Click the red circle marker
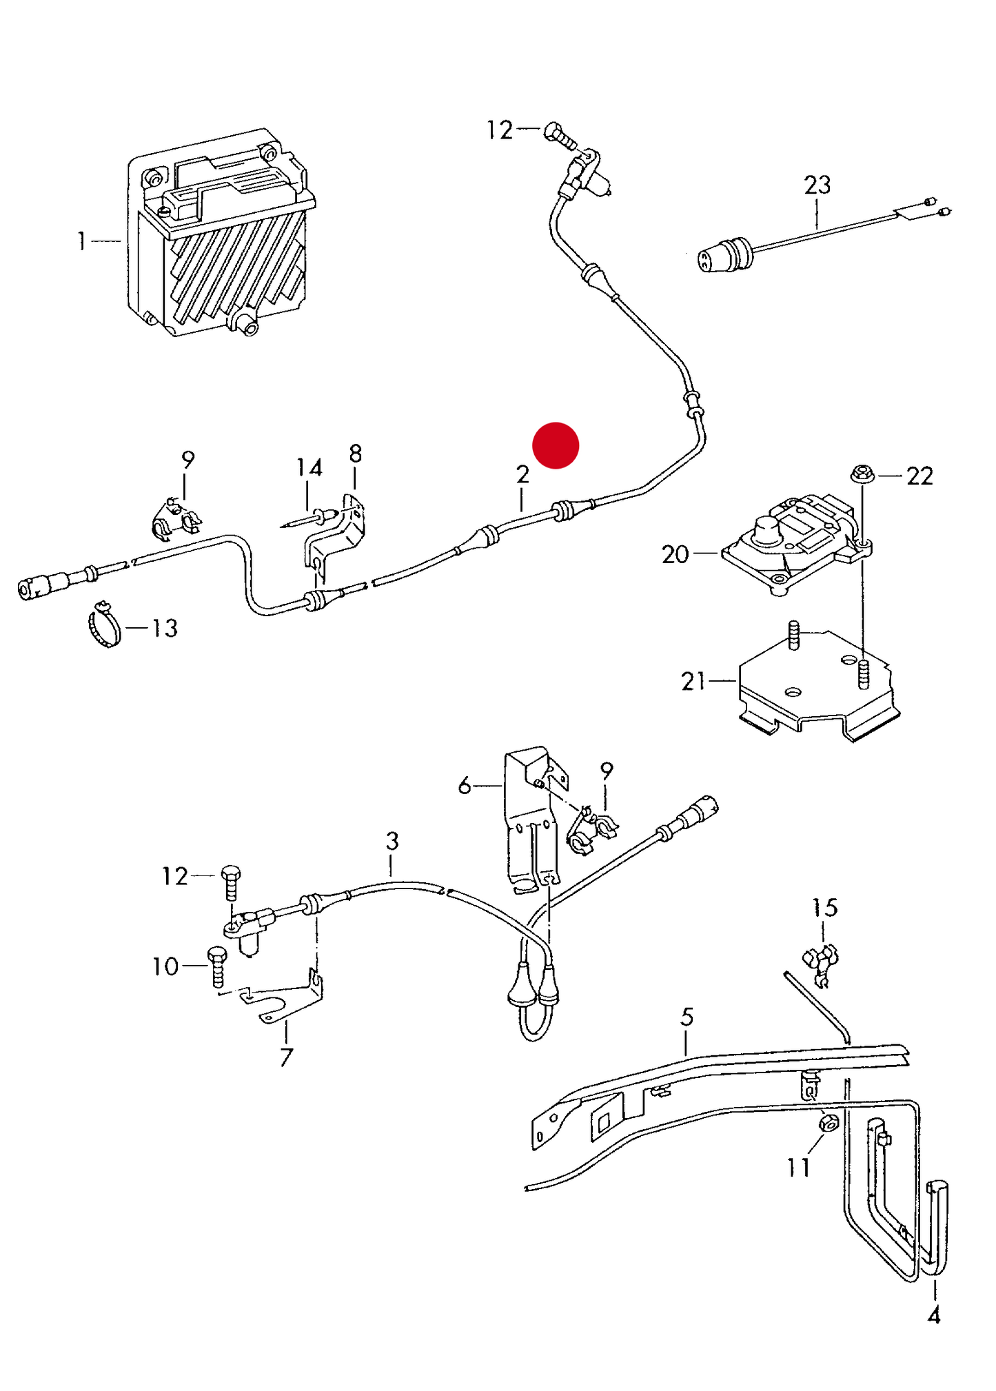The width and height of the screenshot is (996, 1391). (556, 445)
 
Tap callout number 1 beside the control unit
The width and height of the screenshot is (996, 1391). (82, 241)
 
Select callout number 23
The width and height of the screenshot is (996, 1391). (817, 185)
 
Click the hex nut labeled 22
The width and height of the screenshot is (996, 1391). (861, 474)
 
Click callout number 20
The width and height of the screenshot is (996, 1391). (675, 554)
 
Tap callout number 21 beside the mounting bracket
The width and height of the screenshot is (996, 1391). (693, 681)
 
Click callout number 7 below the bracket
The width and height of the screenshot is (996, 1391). (286, 1057)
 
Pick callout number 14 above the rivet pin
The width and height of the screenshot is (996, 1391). (309, 468)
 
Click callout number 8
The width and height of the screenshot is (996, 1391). (355, 454)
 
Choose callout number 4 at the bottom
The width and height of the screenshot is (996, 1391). (933, 1316)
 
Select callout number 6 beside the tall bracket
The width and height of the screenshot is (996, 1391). (465, 785)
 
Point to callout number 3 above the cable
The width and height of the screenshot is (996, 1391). (392, 841)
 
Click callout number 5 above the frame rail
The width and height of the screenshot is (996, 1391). (687, 1017)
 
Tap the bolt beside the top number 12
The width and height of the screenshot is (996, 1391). (560, 135)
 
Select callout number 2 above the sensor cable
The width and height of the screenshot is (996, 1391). (522, 474)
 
